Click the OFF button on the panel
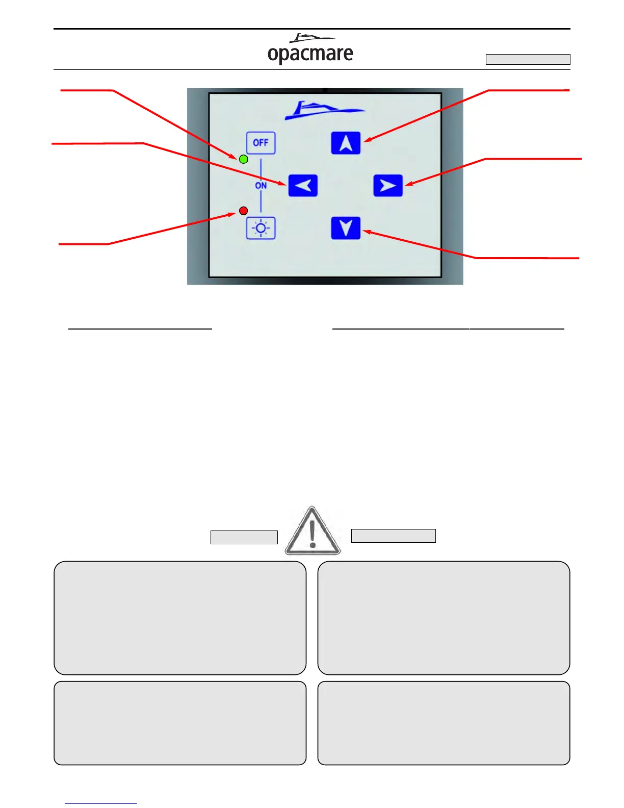tap(261, 143)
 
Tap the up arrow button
tap(346, 143)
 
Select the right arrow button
tap(388, 186)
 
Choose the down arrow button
tap(346, 228)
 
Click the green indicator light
tap(244, 159)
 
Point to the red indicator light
tap(244, 211)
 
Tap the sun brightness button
tap(261, 228)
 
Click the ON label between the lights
tap(261, 186)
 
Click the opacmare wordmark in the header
tap(310, 54)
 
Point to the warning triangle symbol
tap(313, 531)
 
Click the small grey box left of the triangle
tap(244, 537)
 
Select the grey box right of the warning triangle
tap(394, 536)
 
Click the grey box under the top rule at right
tap(528, 59)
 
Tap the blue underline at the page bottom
tap(101, 803)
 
